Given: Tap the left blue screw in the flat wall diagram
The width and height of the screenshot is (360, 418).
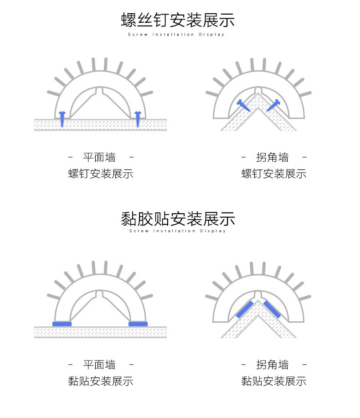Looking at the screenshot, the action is (x=62, y=119).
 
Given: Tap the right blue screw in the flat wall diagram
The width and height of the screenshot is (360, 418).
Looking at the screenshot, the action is (x=138, y=119).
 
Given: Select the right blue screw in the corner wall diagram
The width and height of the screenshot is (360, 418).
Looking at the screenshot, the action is (x=273, y=106).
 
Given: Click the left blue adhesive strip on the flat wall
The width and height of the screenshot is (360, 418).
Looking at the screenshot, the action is (x=62, y=324).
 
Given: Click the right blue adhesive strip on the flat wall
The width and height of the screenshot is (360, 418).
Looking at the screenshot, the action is (x=138, y=324).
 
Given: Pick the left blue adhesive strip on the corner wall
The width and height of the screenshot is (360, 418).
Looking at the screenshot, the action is (x=245, y=310).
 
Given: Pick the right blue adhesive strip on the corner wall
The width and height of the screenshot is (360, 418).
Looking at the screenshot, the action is (x=273, y=310).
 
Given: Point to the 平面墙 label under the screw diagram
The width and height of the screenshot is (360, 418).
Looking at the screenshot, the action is (x=99, y=158).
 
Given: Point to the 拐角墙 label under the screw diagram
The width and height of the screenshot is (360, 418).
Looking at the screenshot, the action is (x=273, y=158).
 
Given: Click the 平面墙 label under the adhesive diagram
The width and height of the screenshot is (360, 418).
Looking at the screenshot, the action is (x=99, y=365).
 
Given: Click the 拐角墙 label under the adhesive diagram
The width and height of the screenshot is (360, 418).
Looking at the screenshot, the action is (x=273, y=365).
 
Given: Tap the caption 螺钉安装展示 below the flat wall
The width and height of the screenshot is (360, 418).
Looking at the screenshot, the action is (x=101, y=174).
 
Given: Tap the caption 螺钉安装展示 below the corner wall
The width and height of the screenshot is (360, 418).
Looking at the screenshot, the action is (x=273, y=174).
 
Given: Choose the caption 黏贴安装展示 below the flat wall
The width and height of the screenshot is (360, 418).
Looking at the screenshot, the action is (x=101, y=381).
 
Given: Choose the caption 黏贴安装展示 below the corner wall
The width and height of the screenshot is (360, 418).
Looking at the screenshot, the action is (x=273, y=381).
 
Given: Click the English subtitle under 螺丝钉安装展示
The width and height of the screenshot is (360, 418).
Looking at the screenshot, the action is (x=176, y=35).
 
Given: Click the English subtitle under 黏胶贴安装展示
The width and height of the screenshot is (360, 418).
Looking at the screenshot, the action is (x=178, y=231).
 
